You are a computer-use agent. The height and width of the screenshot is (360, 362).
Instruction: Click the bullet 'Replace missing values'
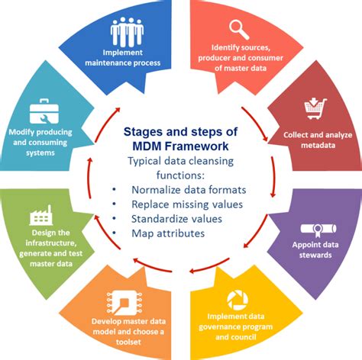point(181,204)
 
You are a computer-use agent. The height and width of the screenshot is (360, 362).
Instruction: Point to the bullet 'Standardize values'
point(172,218)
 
